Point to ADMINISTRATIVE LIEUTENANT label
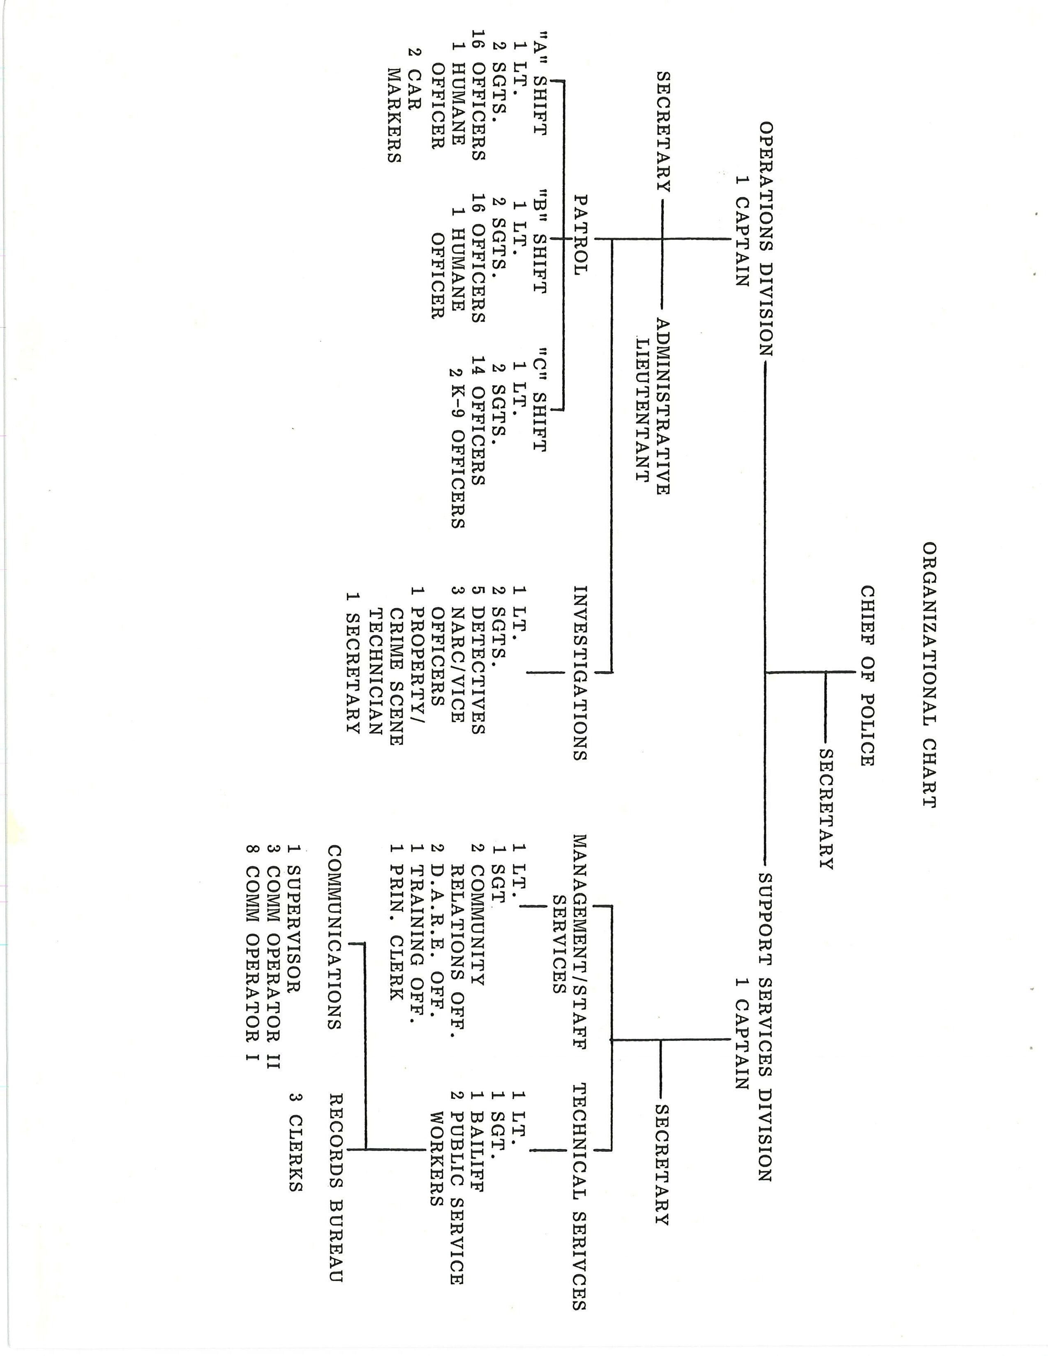(x=653, y=407)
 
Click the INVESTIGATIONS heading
(x=580, y=673)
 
